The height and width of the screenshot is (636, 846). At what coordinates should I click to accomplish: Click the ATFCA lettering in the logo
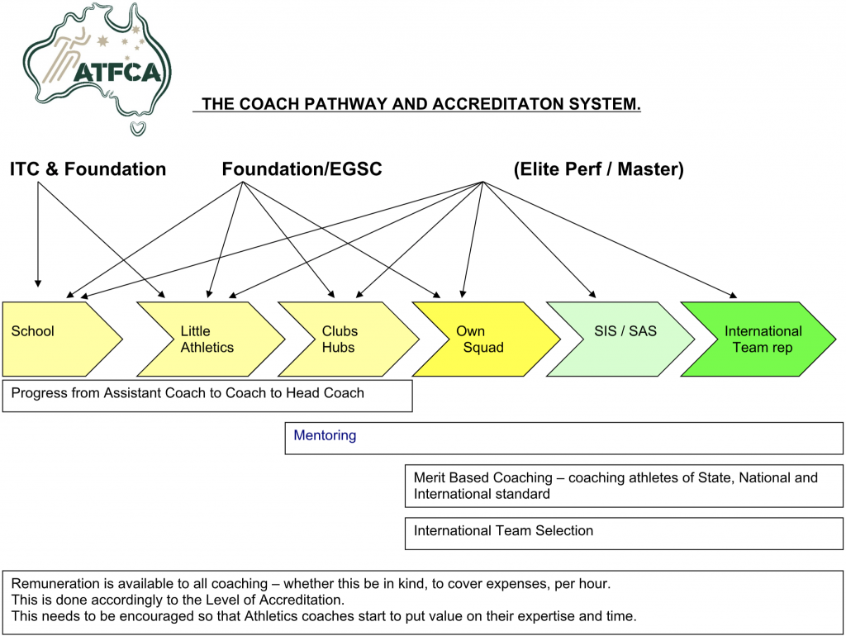pyautogui.click(x=116, y=72)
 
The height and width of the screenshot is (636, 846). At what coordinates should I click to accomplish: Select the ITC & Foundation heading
pyautogui.click(x=88, y=169)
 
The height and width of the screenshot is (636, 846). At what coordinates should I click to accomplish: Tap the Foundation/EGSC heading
pyautogui.click(x=302, y=169)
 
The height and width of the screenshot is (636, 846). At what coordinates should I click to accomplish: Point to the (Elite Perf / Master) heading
pyautogui.click(x=598, y=169)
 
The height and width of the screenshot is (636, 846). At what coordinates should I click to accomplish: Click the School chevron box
pyautogui.click(x=58, y=339)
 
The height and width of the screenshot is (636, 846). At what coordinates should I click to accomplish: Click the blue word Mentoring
pyautogui.click(x=325, y=435)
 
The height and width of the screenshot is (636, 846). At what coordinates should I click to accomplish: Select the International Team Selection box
pyautogui.click(x=503, y=531)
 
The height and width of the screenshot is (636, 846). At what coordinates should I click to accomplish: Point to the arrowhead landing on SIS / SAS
pyautogui.click(x=590, y=292)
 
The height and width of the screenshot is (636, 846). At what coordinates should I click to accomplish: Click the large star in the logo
pyautogui.click(x=103, y=40)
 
